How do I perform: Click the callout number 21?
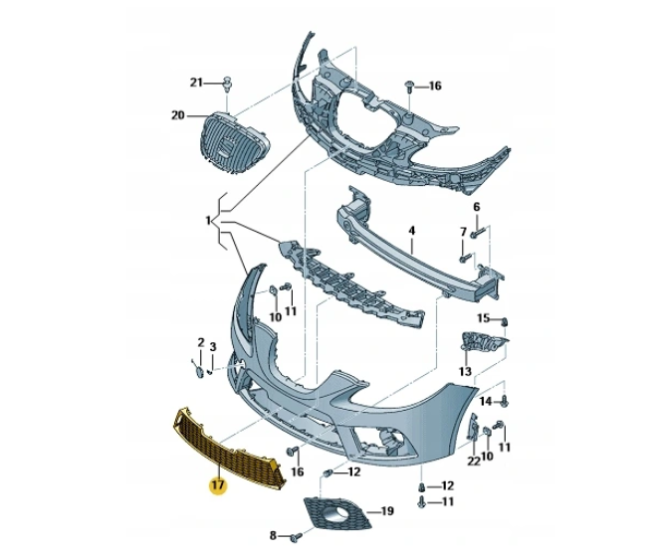[196, 82]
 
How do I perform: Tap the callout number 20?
[178, 115]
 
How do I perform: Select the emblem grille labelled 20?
[227, 145]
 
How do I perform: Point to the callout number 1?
[209, 219]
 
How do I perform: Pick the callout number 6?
[476, 207]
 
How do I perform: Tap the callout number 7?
[463, 232]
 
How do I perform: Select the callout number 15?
[483, 318]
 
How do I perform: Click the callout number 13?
[465, 371]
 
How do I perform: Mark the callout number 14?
[485, 401]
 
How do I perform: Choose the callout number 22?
[473, 460]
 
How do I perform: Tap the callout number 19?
[387, 511]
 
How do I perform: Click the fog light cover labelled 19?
[335, 514]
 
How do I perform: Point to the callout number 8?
[273, 536]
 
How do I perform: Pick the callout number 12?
[447, 485]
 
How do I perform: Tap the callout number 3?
[213, 346]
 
